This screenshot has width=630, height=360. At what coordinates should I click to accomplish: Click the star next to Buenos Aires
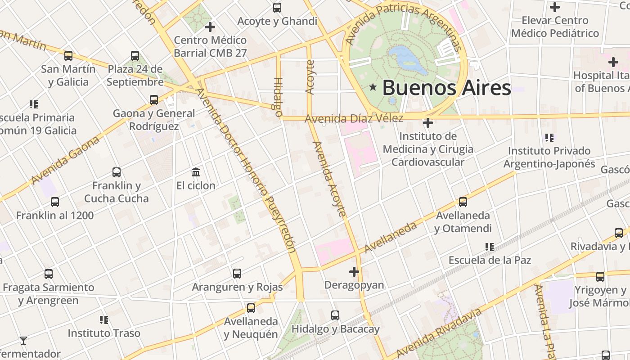pyautogui.click(x=373, y=87)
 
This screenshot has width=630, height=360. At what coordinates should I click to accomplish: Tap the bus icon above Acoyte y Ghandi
pyautogui.click(x=277, y=8)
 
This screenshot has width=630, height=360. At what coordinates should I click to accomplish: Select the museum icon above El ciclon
pyautogui.click(x=196, y=172)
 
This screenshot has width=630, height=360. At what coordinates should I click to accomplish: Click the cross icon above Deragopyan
pyautogui.click(x=354, y=272)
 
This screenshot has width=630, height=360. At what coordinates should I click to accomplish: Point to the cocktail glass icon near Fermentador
pyautogui.click(x=23, y=341)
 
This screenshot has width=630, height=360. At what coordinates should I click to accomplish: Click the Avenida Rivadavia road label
pyautogui.click(x=439, y=332)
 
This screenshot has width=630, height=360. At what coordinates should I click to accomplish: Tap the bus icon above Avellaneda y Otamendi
pyautogui.click(x=463, y=202)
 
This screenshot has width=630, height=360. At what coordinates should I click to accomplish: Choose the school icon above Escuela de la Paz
pyautogui.click(x=490, y=247)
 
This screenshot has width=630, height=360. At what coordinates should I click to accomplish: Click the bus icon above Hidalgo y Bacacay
pyautogui.click(x=335, y=315)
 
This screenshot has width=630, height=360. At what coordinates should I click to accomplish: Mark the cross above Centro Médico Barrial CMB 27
pyautogui.click(x=210, y=27)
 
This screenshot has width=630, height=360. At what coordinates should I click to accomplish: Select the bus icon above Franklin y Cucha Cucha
pyautogui.click(x=117, y=172)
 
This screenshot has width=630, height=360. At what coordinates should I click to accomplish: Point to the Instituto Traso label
pyautogui.click(x=104, y=333)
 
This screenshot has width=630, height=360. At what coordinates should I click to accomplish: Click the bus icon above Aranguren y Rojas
pyautogui.click(x=237, y=273)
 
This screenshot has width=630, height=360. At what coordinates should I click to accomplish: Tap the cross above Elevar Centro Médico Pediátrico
pyautogui.click(x=555, y=7)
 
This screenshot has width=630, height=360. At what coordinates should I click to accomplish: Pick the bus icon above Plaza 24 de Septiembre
pyautogui.click(x=135, y=56)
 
